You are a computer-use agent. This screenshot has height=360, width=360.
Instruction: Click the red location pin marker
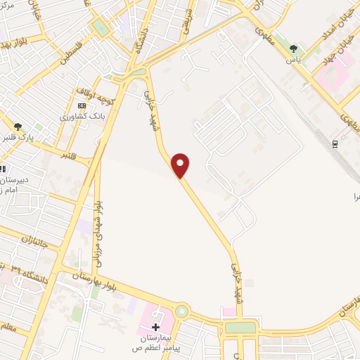(x=181, y=165)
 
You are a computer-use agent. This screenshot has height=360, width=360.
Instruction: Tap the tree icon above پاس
(x=293, y=49)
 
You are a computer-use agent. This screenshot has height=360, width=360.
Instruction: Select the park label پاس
(x=293, y=60)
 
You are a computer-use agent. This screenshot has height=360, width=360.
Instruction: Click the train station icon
(x=335, y=143)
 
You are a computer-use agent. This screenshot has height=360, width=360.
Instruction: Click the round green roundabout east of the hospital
(x=182, y=310)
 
